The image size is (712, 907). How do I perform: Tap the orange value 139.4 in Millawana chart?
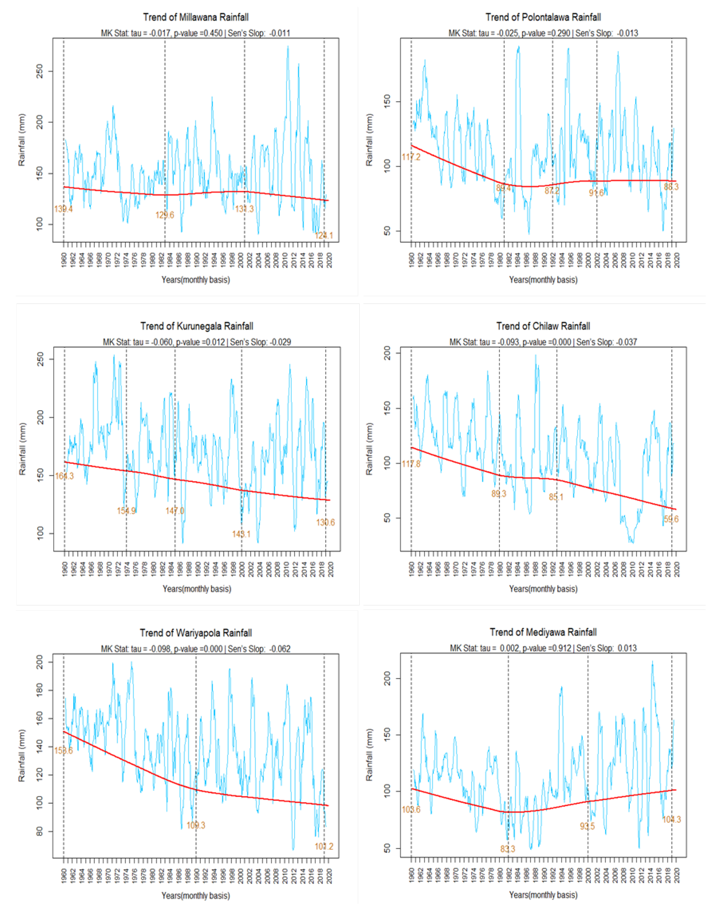pyautogui.click(x=63, y=209)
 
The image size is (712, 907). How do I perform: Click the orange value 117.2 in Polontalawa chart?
pyautogui.click(x=411, y=157)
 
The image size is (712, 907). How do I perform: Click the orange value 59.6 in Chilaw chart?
pyautogui.click(x=671, y=519)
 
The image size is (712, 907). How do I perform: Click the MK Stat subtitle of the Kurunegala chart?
pyautogui.click(x=197, y=342)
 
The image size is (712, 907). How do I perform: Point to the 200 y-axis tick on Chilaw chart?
pyautogui.click(x=387, y=353)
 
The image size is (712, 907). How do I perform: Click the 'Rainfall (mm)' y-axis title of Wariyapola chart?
pyautogui.click(x=22, y=755)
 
